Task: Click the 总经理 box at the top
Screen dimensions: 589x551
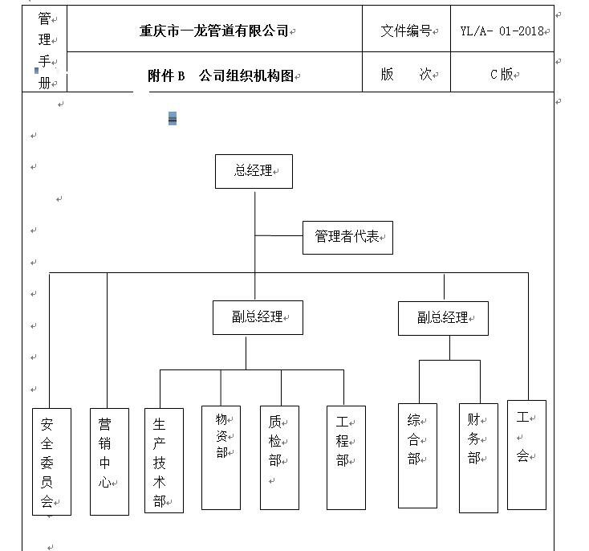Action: [x=254, y=171]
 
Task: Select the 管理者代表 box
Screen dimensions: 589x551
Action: [x=347, y=237]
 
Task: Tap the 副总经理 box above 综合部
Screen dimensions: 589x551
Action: [x=443, y=318]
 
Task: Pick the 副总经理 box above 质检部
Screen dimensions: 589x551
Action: [x=258, y=317]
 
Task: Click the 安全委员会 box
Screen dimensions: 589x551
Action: [x=51, y=461]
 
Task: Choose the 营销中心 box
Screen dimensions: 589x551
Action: [x=109, y=461]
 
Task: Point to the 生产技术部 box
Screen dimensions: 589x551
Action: [x=164, y=460]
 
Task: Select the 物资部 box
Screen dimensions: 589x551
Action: [x=221, y=457]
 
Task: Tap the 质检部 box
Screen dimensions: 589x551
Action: [x=279, y=457]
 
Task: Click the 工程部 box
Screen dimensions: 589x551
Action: [x=346, y=457]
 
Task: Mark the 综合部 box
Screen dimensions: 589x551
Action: [x=417, y=455]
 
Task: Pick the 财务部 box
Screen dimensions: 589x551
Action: [x=478, y=458]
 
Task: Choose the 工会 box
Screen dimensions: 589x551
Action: [x=526, y=455]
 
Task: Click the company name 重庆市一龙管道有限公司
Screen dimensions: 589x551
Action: [x=214, y=31]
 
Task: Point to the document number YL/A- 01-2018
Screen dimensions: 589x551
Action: [x=502, y=31]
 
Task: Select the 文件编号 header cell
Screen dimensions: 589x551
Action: [x=406, y=29]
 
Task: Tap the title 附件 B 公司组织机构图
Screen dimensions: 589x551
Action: [x=221, y=76]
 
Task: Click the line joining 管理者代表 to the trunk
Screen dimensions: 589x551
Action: [x=278, y=236]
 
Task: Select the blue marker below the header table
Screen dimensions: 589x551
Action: [x=173, y=119]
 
